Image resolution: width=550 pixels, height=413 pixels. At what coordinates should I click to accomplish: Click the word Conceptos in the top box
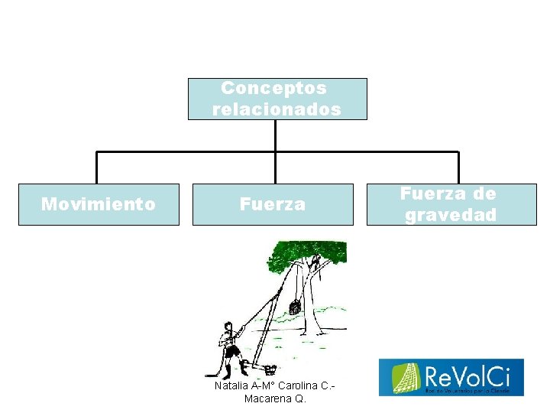point(273,88)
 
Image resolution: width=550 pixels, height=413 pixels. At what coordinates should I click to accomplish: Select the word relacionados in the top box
point(277,109)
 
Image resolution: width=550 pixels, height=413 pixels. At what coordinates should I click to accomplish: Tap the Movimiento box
point(99,204)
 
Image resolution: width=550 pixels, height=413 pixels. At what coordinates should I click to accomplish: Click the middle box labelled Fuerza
point(273,204)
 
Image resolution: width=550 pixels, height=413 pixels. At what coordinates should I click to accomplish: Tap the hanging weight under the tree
point(294,307)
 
